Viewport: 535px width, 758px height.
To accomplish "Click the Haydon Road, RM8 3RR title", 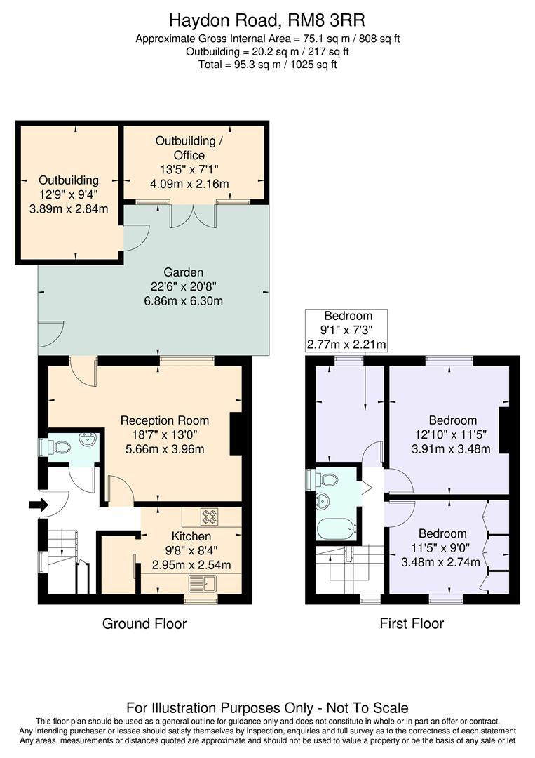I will pyautogui.click(x=267, y=21).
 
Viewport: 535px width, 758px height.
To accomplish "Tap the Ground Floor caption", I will pyautogui.click(x=144, y=623).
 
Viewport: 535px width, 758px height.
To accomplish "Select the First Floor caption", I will pyautogui.click(x=412, y=623).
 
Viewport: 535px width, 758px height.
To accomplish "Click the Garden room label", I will pyautogui.click(x=184, y=272).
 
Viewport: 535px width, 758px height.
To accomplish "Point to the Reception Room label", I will pyautogui.click(x=165, y=420).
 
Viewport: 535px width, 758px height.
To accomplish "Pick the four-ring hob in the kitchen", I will pyautogui.click(x=210, y=517).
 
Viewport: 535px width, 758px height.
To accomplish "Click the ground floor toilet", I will pyautogui.click(x=59, y=446).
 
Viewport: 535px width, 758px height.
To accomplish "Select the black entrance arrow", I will pyautogui.click(x=36, y=504).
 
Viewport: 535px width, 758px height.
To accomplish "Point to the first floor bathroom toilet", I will pyautogui.click(x=327, y=480).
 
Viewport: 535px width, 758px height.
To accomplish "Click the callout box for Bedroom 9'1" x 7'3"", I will pyautogui.click(x=347, y=330).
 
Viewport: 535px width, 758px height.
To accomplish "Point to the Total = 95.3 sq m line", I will pyautogui.click(x=267, y=65).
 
